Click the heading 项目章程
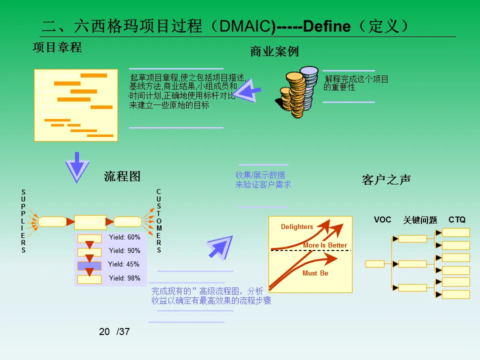pyautogui.click(x=57, y=48)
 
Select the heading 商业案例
pyautogui.click(x=274, y=51)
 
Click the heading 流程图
pyautogui.click(x=122, y=176)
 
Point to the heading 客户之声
pyautogui.click(x=386, y=180)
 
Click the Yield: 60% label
pyautogui.click(x=124, y=237)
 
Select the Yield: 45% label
pyautogui.click(x=123, y=264)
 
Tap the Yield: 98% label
pyautogui.click(x=124, y=278)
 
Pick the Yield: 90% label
pyautogui.click(x=124, y=251)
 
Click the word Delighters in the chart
pyautogui.click(x=297, y=227)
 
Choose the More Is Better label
pyautogui.click(x=325, y=245)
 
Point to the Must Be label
pyautogui.click(x=315, y=273)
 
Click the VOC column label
pyautogui.click(x=382, y=219)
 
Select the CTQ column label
pyautogui.click(x=457, y=219)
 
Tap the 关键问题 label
pyautogui.click(x=420, y=220)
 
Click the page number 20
pyautogui.click(x=104, y=331)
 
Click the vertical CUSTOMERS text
pyautogui.click(x=159, y=220)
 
